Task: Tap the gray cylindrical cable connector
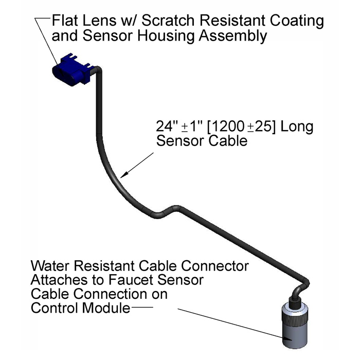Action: (295, 327)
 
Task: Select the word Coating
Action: (297, 21)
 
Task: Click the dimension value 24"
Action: (167, 126)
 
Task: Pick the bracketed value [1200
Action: (226, 127)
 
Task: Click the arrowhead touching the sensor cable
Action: (124, 175)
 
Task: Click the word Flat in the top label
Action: (64, 20)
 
